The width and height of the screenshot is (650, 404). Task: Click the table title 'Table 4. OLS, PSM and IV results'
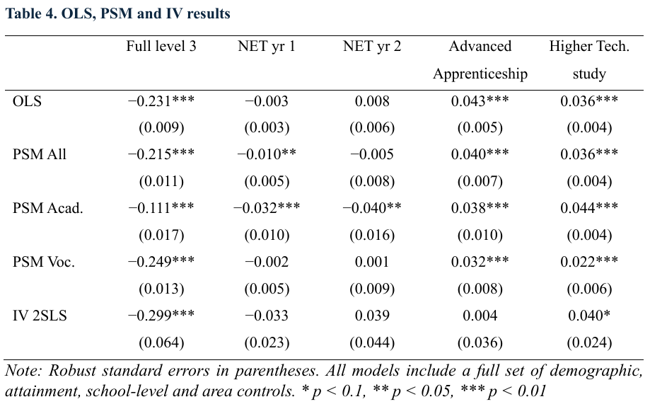[x=117, y=13]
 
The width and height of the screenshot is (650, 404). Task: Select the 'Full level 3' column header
[x=161, y=47]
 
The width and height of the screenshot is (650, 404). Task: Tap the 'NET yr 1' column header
[x=267, y=47]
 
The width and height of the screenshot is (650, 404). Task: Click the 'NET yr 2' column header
[x=372, y=47]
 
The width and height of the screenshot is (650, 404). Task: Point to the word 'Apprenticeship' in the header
[x=480, y=74]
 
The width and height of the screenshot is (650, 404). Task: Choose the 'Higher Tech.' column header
[x=588, y=47]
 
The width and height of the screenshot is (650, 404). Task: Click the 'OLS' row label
[x=27, y=101]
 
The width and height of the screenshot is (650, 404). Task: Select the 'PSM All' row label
[x=40, y=155]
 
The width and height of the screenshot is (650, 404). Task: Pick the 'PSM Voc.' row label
[x=44, y=262]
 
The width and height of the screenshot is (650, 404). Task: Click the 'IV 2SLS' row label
[x=40, y=316]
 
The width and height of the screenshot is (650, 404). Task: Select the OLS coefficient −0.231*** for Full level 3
[x=161, y=101]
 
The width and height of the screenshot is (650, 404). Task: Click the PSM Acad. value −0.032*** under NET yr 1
[x=267, y=209]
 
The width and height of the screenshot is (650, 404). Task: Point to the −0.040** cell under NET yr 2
[x=372, y=209]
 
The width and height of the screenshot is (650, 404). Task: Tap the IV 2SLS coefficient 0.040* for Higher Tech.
[x=588, y=316]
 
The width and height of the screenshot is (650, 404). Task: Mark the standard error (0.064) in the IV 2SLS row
[x=161, y=343]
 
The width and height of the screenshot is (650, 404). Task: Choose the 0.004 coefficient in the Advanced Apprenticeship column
[x=480, y=316]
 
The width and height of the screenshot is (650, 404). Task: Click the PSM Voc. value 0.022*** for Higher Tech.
[x=588, y=262]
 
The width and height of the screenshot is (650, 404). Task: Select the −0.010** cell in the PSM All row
[x=267, y=155]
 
